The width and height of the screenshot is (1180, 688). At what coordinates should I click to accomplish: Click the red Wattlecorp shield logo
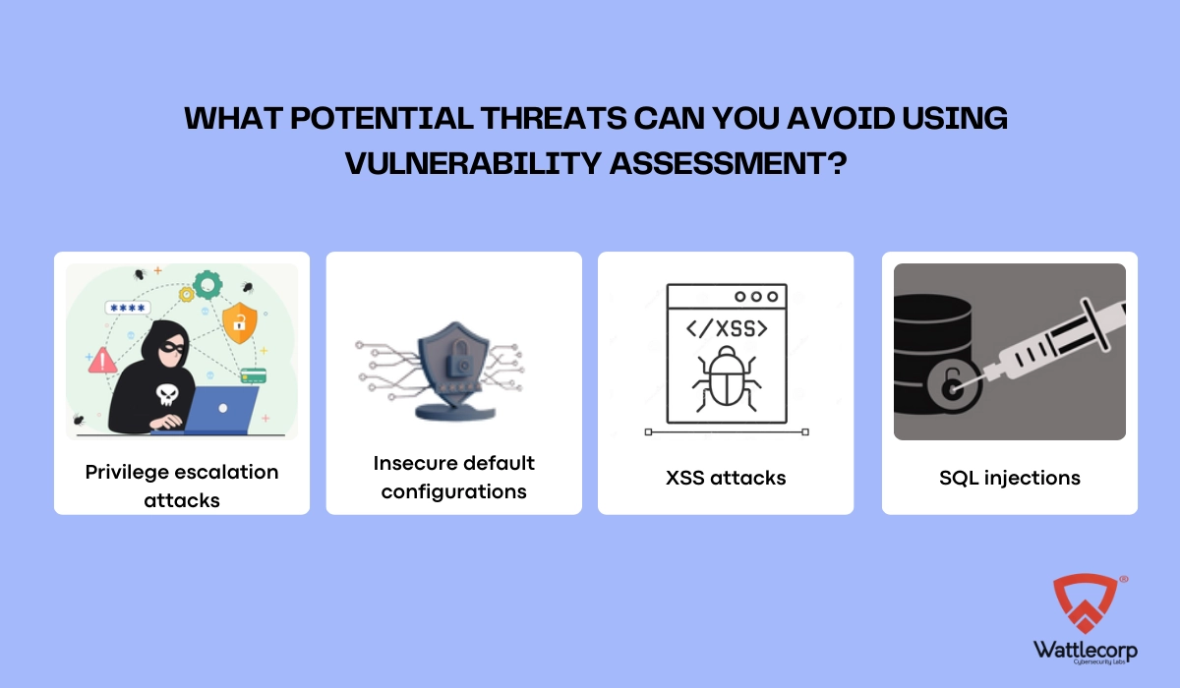tap(1086, 603)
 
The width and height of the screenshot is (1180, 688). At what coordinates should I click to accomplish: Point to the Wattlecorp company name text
tap(1086, 651)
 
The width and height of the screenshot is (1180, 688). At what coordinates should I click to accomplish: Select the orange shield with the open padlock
tap(240, 322)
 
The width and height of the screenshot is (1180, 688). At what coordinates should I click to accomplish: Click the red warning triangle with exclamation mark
tap(102, 361)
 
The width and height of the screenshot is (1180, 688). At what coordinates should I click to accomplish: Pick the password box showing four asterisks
tap(128, 308)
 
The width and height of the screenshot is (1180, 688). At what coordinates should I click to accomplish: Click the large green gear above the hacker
tap(207, 285)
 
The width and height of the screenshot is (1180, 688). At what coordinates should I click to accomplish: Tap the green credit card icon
tap(254, 375)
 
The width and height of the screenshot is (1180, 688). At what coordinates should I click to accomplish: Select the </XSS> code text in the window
tap(727, 329)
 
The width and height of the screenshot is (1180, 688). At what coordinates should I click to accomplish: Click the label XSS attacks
tap(726, 478)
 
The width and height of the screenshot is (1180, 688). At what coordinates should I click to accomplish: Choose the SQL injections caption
tap(1010, 478)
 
